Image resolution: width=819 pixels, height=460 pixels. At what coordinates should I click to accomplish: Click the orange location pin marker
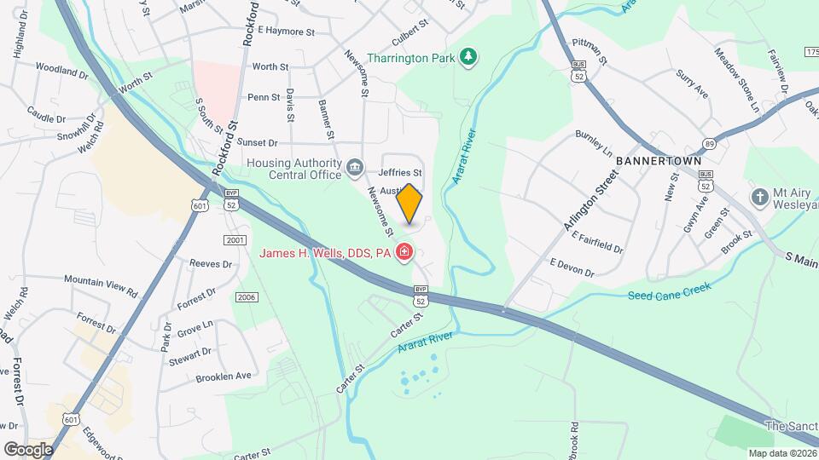pyautogui.click(x=409, y=203)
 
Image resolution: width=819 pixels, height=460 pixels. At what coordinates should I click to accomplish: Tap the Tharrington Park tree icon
pyautogui.click(x=468, y=58)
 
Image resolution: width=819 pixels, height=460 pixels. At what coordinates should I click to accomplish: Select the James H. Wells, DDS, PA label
pyautogui.click(x=324, y=253)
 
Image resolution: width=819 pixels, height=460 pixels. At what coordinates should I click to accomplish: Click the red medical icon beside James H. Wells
pyautogui.click(x=404, y=253)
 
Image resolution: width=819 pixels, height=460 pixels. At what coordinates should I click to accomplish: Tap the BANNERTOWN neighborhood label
pyautogui.click(x=658, y=161)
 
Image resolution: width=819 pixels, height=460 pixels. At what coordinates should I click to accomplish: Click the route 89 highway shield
pyautogui.click(x=709, y=144)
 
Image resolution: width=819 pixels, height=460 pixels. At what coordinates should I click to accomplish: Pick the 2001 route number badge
pyautogui.click(x=235, y=240)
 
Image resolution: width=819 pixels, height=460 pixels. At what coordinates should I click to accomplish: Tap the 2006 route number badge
pyautogui.click(x=247, y=296)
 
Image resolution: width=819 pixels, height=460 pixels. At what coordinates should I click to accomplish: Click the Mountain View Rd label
pyautogui.click(x=101, y=285)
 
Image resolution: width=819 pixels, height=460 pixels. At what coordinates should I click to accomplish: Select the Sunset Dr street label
pyautogui.click(x=257, y=142)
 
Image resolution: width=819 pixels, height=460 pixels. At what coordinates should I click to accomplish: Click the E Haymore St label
pyautogui.click(x=287, y=31)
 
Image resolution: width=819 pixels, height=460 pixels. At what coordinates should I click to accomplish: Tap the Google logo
pyautogui.click(x=28, y=449)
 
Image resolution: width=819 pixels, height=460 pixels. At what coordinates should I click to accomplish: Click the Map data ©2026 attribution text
pyautogui.click(x=781, y=453)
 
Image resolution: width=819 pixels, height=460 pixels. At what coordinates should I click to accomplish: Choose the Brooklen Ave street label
pyautogui.click(x=223, y=376)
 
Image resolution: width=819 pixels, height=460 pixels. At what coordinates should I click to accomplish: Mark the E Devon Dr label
pyautogui.click(x=572, y=267)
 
